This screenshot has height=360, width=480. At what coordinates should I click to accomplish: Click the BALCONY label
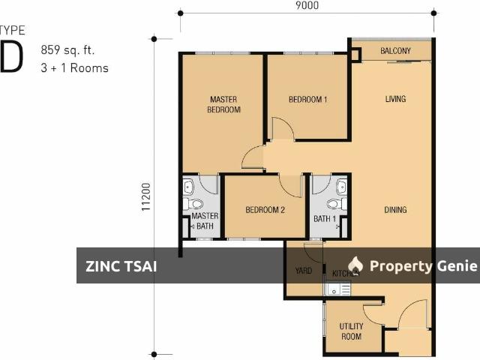point(395,51)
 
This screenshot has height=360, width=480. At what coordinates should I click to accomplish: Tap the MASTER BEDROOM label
point(223,104)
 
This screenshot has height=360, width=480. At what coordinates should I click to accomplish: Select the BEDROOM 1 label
point(308,100)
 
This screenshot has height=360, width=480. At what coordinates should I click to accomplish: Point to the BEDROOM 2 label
point(265,210)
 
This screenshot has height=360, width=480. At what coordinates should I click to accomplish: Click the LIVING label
point(395,99)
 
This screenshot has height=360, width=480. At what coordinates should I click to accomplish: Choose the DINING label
point(395,210)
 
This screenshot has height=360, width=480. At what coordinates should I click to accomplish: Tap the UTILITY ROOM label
point(352,331)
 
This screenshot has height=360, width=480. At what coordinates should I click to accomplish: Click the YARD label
point(304,271)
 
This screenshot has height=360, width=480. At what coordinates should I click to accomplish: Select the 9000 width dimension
point(307,5)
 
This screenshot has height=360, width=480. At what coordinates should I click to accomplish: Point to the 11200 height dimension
point(146,196)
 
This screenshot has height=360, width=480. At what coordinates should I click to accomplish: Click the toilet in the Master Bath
point(193,203)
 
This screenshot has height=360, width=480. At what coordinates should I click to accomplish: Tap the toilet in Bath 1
point(337,203)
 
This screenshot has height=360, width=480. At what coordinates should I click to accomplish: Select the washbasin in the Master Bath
point(188,187)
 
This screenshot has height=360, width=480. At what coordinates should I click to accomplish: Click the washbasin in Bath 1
point(342,187)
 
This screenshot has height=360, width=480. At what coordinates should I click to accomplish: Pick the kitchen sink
point(337,289)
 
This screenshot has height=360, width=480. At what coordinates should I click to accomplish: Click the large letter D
point(12,56)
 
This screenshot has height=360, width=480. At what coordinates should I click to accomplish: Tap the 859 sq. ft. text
point(67,50)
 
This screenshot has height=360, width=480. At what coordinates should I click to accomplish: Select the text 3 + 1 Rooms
point(75,68)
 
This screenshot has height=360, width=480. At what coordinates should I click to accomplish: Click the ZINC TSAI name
point(121,266)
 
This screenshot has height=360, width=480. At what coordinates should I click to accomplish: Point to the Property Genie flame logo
point(355,265)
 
